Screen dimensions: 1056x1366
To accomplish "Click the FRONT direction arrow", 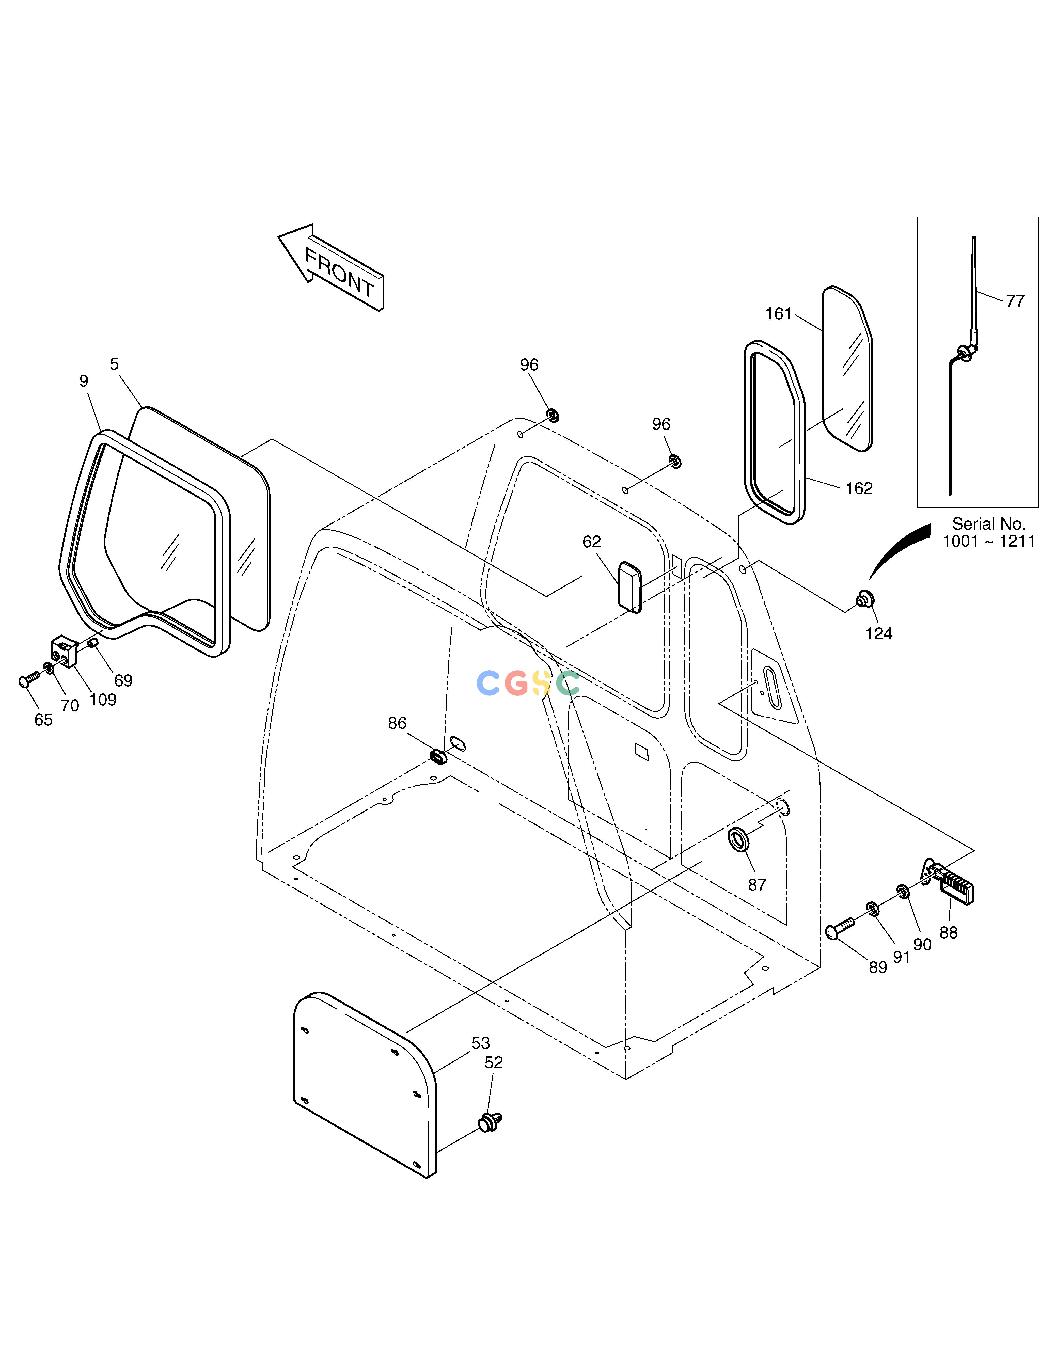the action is (x=332, y=268).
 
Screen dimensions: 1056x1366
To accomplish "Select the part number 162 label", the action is (x=859, y=488).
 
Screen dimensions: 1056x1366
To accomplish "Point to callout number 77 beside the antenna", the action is (x=1015, y=301).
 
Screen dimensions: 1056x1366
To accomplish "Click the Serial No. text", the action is (x=989, y=523).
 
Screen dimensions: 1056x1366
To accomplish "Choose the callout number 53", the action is (x=480, y=1043).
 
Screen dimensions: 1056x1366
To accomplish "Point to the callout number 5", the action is (x=114, y=364).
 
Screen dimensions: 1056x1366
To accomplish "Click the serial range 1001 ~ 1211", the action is (x=989, y=541).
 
